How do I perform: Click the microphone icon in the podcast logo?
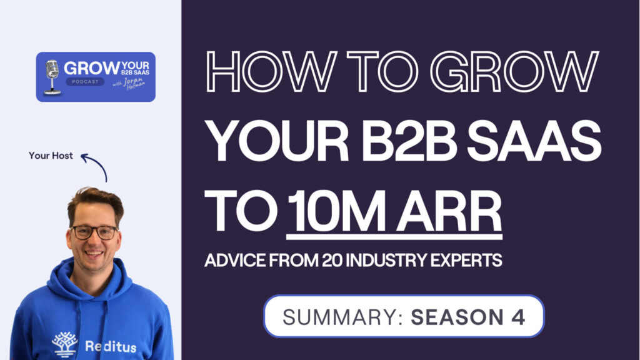(x=52, y=76)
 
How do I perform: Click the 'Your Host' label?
(x=51, y=156)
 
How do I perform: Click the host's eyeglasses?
(x=94, y=232)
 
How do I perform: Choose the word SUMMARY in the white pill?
(x=338, y=316)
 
